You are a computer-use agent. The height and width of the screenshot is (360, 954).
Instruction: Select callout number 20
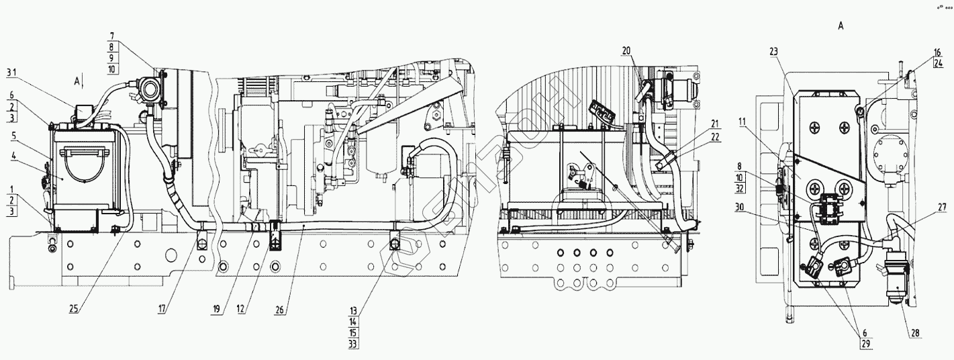click(x=626, y=50)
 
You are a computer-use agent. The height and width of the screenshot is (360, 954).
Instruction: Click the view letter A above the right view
click(x=841, y=26)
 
